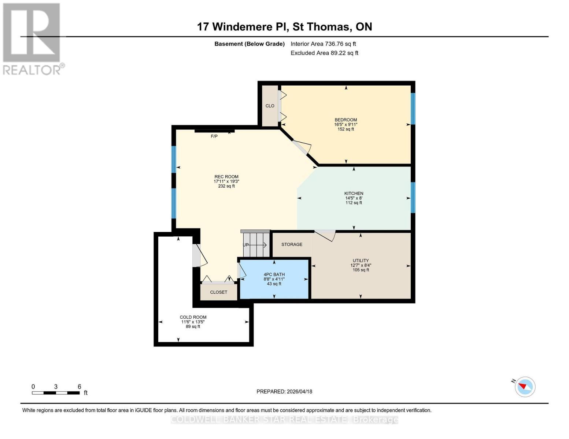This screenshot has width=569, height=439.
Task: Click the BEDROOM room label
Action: coord(346,120)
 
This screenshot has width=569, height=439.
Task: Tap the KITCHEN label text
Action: coord(354,194)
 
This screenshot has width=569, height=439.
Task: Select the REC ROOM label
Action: coord(226,177)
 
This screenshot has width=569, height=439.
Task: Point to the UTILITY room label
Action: coord(361,261)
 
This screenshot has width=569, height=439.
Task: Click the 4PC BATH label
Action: coord(274,274)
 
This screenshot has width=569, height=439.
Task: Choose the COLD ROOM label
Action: coord(193,317)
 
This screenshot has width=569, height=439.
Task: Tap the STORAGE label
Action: coord(292,244)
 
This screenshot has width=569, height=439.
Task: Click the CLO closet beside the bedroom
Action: coord(270,106)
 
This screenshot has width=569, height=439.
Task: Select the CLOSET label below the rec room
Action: coord(218,292)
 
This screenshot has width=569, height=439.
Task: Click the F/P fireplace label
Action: coord(214,136)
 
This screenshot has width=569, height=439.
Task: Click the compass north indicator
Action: coord(525,387)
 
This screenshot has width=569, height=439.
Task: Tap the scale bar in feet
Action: coord(56,393)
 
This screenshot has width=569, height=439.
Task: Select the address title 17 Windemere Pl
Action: coord(284,27)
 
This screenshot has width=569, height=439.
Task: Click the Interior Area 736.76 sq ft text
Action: coord(323,44)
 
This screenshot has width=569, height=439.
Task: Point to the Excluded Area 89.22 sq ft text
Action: coord(324,53)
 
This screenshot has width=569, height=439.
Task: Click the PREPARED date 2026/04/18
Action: coord(284,391)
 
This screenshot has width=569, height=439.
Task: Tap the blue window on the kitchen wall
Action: coord(413,198)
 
